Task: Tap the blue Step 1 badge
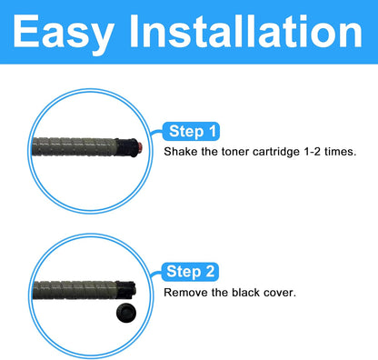tap(191, 130)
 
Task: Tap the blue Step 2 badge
tap(191, 271)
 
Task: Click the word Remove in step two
tap(184, 293)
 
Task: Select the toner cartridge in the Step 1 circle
tap(77, 145)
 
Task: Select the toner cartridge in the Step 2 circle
tap(77, 291)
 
